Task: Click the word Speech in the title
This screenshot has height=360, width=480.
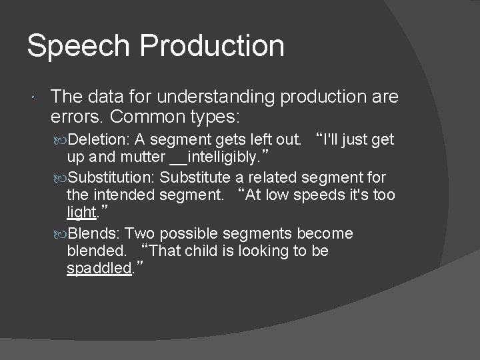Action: coord(79,47)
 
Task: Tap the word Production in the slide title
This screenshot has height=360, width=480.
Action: coord(213,47)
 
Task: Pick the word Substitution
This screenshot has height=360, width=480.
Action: coord(112,178)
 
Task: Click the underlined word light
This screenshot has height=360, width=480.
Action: coord(81,213)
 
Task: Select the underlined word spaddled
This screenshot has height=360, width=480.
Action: coord(98,269)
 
